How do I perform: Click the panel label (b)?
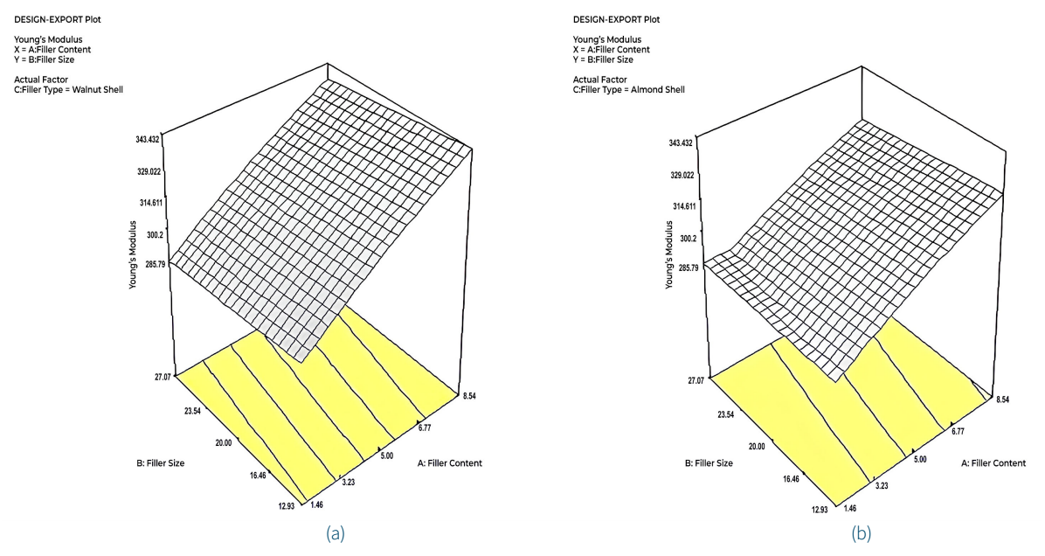click(x=862, y=532)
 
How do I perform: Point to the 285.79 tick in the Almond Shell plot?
click(x=682, y=267)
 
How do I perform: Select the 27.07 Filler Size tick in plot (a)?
click(x=162, y=377)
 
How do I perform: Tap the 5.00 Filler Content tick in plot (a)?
click(x=384, y=455)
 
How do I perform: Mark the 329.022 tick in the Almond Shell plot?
click(x=682, y=175)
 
